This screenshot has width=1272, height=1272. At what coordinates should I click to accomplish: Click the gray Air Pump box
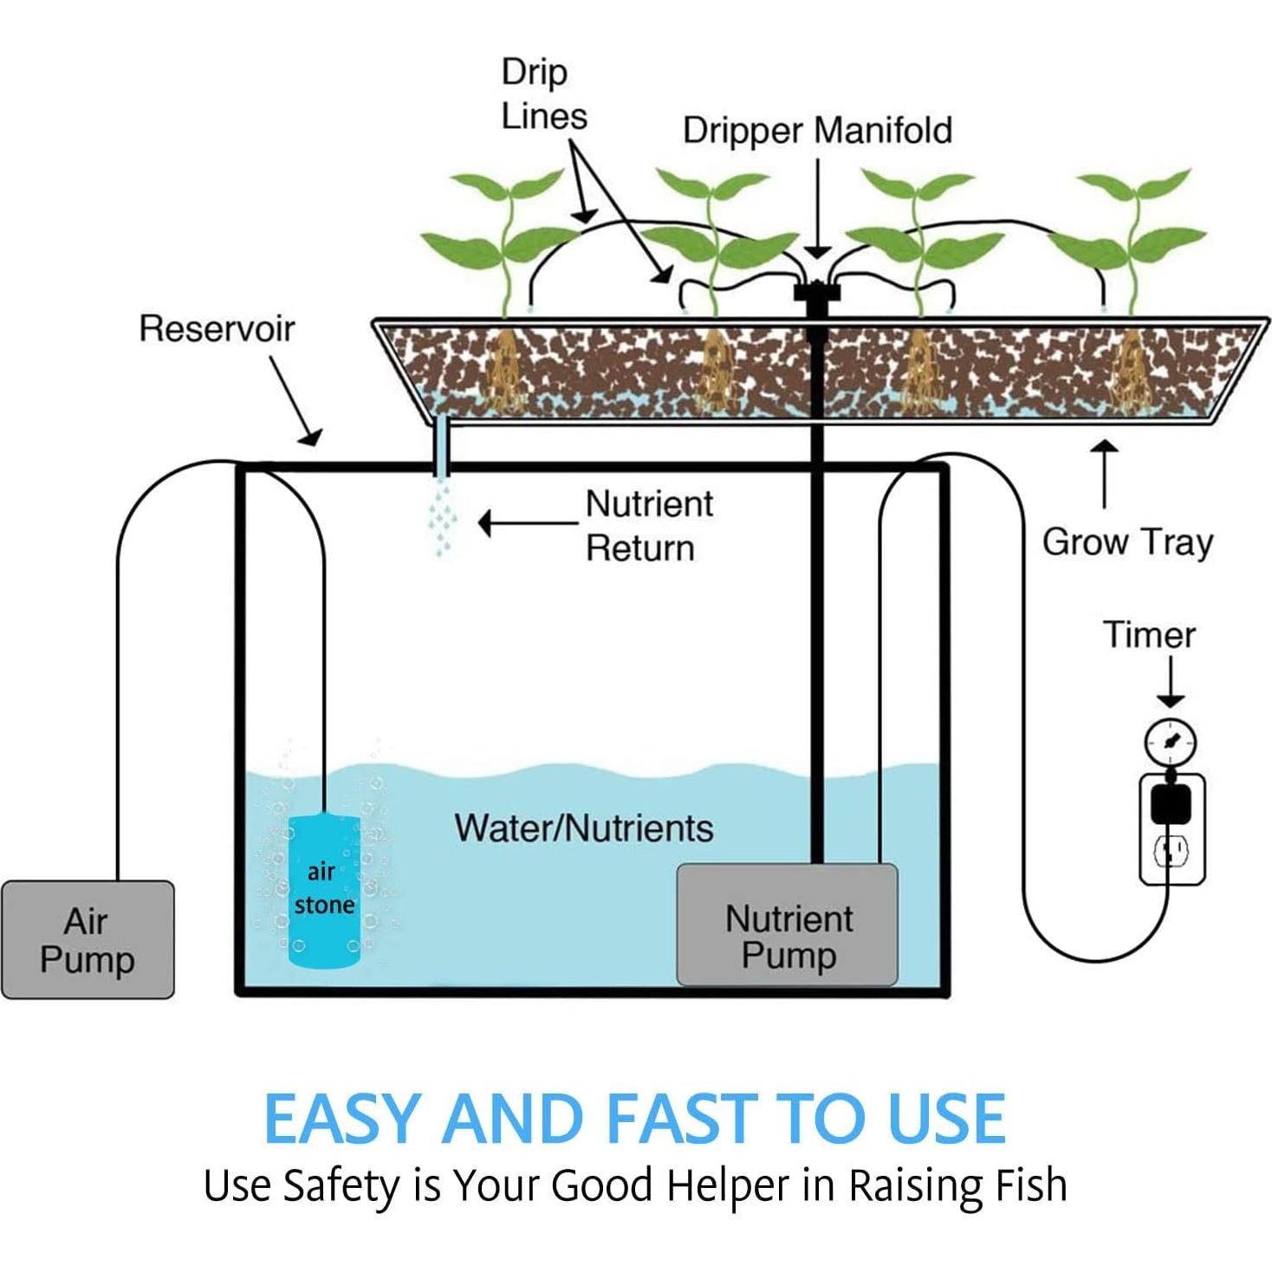click(88, 939)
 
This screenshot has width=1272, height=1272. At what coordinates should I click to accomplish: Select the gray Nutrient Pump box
click(787, 925)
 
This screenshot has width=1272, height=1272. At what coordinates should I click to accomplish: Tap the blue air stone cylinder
click(323, 891)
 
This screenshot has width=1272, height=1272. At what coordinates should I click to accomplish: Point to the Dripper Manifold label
click(817, 131)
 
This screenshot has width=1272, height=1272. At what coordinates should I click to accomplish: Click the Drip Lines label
click(543, 94)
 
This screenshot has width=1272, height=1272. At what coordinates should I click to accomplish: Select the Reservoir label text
click(217, 329)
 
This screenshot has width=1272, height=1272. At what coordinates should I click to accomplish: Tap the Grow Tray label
click(1127, 542)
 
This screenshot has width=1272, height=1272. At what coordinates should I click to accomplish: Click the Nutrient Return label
click(648, 526)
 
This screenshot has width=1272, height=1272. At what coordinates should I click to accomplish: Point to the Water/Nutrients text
click(584, 828)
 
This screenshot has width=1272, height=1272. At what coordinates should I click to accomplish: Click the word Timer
click(1149, 635)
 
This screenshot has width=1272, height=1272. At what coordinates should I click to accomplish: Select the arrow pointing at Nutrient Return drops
click(527, 523)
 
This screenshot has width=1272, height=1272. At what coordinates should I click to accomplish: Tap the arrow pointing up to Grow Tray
click(1104, 473)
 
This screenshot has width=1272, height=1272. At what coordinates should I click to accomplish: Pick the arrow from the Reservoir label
click(295, 399)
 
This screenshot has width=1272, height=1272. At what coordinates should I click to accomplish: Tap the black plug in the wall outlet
click(1171, 802)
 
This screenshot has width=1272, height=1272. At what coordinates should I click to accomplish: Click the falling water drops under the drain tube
click(442, 520)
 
